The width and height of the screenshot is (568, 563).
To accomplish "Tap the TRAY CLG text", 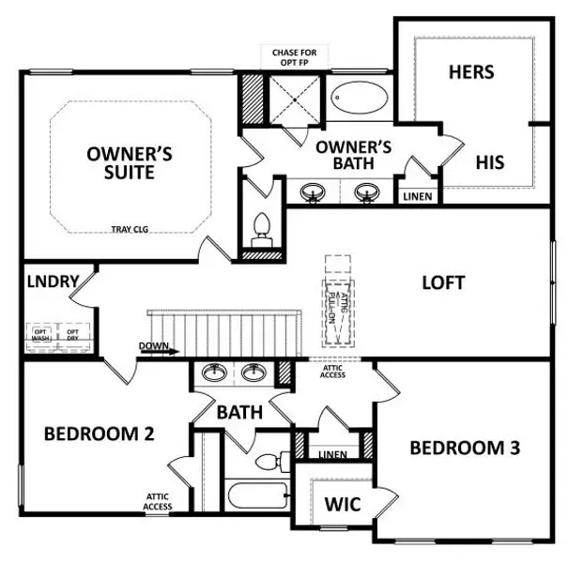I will tap(130, 228).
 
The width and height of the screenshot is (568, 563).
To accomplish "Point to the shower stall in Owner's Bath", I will tap(296, 98).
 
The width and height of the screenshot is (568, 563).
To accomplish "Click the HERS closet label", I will tap(471, 71).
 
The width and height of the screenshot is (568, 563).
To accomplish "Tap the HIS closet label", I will tap(489, 162).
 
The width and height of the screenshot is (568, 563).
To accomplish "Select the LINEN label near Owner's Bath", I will tap(417, 197).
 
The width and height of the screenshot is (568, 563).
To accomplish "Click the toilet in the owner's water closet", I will tap(263, 228).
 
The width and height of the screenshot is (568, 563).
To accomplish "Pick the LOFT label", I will tap(443, 282).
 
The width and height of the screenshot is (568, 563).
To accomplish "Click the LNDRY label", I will tap(53, 281).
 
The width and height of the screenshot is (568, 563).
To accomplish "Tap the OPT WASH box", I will tap(40, 334).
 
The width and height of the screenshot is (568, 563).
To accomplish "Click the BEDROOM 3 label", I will tap(465, 448).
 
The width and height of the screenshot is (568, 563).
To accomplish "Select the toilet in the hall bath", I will tap(273, 461).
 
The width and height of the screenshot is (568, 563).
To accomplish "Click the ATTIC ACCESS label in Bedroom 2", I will tap(158, 502).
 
